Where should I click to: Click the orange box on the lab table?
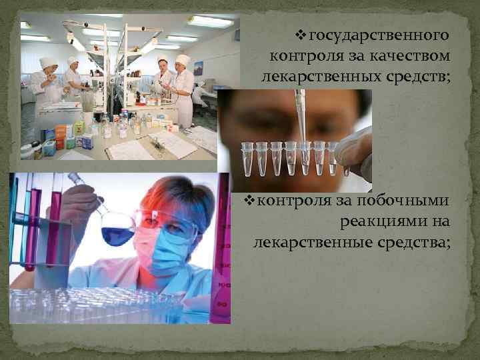point(60,131)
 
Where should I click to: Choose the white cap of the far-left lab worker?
point(47,62)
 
